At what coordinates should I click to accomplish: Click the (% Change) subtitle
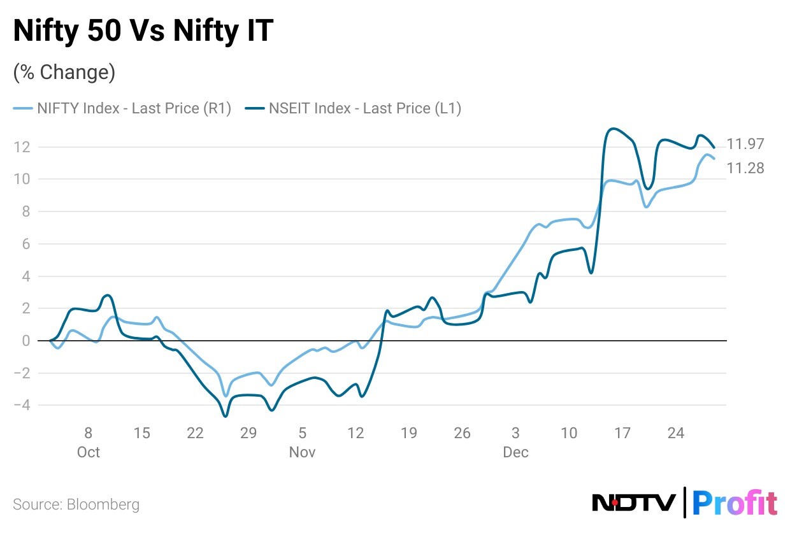click(64, 73)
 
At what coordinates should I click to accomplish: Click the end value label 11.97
click(745, 144)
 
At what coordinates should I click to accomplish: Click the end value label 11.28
click(745, 168)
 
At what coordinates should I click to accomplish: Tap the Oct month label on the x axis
click(89, 452)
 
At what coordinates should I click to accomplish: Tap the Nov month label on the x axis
click(302, 452)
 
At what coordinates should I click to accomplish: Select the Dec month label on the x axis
click(515, 452)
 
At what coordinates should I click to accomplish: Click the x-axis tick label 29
click(248, 433)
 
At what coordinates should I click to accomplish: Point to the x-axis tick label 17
click(622, 433)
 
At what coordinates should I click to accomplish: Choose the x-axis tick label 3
click(515, 433)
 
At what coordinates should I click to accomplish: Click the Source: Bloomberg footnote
click(76, 505)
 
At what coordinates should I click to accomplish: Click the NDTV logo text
click(634, 503)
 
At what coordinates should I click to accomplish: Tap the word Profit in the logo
click(734, 503)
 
